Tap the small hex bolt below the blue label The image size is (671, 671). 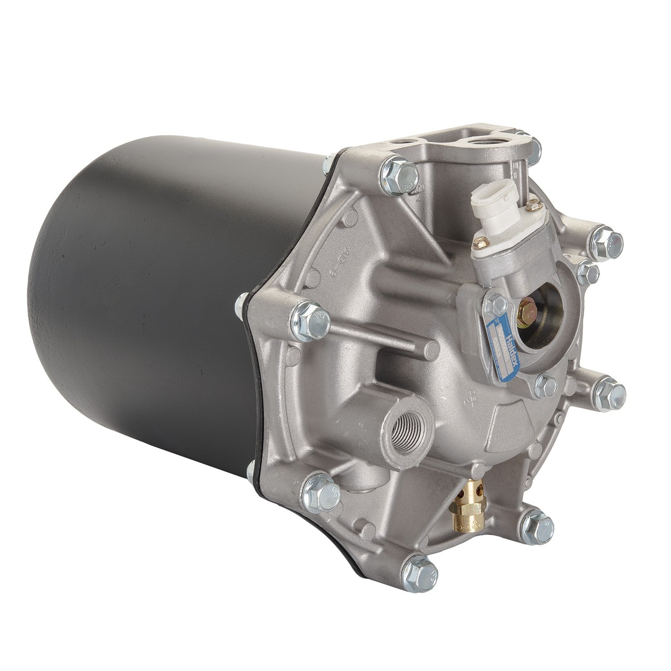pos(546,385)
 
